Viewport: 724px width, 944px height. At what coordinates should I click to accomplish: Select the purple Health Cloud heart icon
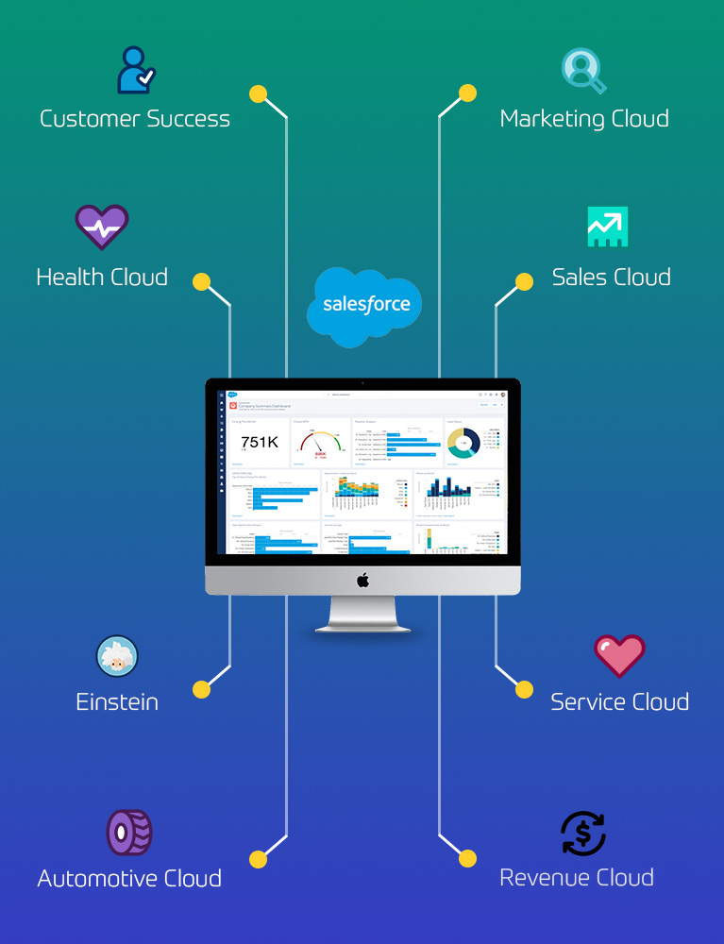[102, 227]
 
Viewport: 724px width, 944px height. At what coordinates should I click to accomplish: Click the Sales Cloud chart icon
[607, 227]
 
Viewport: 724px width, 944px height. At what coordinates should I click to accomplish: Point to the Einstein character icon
[117, 656]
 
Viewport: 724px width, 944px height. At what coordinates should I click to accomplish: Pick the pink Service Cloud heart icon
[619, 655]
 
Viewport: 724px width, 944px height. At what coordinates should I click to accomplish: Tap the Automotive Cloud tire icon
[128, 833]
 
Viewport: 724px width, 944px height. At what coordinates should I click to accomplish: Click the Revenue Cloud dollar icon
[583, 834]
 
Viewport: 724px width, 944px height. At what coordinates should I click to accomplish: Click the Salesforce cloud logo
[365, 305]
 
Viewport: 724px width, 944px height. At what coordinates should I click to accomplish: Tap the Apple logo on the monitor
[362, 581]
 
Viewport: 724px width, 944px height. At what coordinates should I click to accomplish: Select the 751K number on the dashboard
[260, 442]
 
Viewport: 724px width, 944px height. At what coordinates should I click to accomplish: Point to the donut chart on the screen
[463, 442]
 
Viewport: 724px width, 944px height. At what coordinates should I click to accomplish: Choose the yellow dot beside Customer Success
[258, 93]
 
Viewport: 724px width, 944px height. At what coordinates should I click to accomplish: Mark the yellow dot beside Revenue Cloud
[467, 858]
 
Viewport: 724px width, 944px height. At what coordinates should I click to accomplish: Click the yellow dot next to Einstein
[201, 690]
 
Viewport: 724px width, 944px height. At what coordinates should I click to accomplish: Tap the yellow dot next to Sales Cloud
[524, 281]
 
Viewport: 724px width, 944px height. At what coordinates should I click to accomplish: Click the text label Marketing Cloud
[584, 119]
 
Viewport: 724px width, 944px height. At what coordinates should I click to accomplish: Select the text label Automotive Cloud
[129, 879]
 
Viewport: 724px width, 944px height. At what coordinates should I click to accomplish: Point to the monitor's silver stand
[362, 615]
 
